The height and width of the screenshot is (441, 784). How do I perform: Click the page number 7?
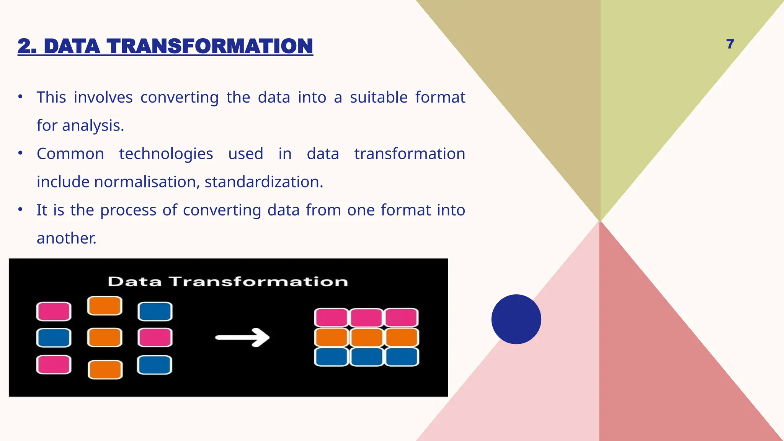[x=730, y=44]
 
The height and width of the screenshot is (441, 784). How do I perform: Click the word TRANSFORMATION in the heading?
[x=210, y=46]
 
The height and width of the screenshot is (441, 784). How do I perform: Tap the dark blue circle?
[x=516, y=319]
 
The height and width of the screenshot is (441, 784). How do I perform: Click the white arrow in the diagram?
[x=243, y=337]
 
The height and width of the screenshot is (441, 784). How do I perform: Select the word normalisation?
[x=147, y=182]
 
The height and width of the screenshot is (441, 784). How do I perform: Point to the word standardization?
[x=264, y=182]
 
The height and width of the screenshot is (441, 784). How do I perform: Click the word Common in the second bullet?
[x=70, y=154]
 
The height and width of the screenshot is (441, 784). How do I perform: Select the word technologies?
[x=166, y=154]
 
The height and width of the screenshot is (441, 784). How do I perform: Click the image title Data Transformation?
[x=228, y=282]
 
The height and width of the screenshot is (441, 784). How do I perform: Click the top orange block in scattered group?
[x=105, y=306]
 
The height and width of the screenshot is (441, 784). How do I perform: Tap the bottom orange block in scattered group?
[x=105, y=369]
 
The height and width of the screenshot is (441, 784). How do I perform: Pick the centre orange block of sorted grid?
[x=366, y=338]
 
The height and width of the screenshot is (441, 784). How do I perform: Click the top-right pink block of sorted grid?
[x=401, y=318]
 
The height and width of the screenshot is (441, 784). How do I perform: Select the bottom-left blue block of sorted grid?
[x=331, y=357]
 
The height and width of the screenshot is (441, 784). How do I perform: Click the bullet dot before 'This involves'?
[x=20, y=97]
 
